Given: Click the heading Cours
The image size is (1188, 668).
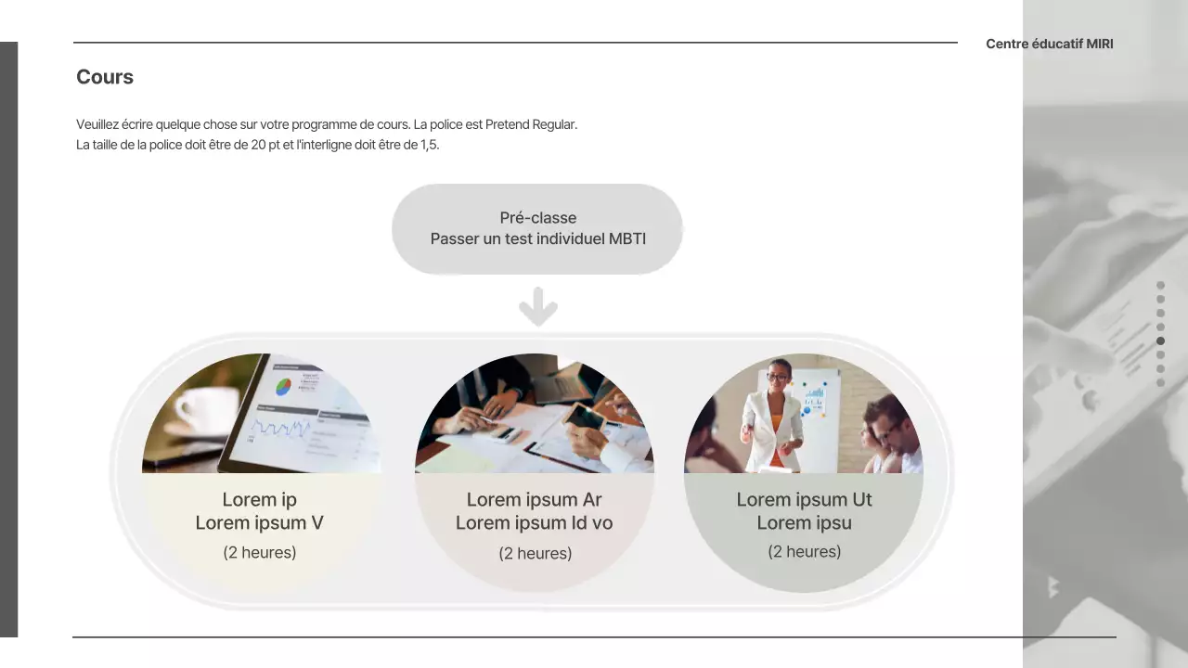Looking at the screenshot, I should [x=105, y=78].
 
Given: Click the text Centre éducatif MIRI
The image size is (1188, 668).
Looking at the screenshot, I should [x=1049, y=44].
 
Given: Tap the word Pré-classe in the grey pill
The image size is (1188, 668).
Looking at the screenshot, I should [x=537, y=218].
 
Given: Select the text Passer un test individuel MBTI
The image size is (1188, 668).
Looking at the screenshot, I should [x=537, y=238].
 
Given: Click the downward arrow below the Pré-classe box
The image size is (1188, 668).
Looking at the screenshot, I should [x=537, y=307].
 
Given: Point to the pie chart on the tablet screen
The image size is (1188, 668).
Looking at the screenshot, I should [x=284, y=386].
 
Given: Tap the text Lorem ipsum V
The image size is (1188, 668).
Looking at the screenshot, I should [x=259, y=523].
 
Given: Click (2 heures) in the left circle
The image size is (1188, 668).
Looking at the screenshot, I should [x=259, y=553].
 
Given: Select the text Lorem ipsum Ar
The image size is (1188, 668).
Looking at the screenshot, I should [x=534, y=500].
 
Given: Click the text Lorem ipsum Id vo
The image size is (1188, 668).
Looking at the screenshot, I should [x=534, y=523].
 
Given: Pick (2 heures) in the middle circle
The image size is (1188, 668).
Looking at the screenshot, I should [x=535, y=554].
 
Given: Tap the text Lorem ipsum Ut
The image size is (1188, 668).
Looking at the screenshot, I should [x=804, y=500].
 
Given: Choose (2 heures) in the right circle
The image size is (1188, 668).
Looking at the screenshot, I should [x=804, y=552].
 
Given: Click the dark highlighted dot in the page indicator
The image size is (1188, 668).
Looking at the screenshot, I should [x=1160, y=340].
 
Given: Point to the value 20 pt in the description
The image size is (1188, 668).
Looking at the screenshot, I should [x=267, y=146].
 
